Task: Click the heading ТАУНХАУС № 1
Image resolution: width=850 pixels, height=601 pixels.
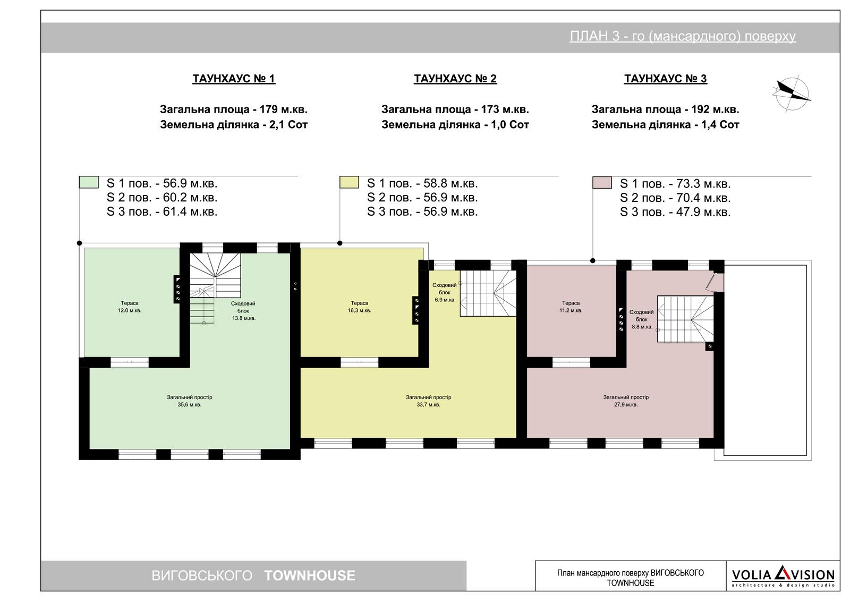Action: (234, 79)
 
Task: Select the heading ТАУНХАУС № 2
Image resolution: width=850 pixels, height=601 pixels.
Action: (455, 79)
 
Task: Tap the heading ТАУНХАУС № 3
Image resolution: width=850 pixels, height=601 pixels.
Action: (666, 79)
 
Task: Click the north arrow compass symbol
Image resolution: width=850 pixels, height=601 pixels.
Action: (792, 94)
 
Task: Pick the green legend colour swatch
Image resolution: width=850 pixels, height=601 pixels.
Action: (89, 182)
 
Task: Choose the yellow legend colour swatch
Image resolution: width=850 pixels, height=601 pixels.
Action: (349, 182)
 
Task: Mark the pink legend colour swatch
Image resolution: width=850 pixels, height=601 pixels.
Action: (602, 183)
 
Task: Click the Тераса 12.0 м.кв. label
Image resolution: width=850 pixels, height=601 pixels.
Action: (130, 307)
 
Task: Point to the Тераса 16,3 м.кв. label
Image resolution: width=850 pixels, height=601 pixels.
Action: (359, 307)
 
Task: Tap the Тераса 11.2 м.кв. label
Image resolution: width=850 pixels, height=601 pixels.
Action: (571, 307)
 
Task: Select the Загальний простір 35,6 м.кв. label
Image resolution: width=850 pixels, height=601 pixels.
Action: (189, 401)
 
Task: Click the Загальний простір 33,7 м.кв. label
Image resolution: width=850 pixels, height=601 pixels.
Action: (428, 401)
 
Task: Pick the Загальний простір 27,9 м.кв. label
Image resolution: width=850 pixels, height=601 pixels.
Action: (626, 401)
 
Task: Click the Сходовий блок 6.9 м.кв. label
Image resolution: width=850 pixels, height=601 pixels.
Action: (445, 292)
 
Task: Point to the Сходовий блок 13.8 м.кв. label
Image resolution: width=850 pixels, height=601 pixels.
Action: (243, 311)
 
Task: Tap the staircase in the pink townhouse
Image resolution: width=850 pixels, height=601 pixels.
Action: (685, 319)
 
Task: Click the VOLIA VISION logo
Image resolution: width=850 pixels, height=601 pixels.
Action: (783, 576)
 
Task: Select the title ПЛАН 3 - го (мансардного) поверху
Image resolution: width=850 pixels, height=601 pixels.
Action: (683, 36)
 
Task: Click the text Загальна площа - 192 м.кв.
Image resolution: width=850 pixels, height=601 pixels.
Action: (665, 109)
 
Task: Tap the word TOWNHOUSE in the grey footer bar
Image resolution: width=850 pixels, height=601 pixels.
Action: (310, 575)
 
